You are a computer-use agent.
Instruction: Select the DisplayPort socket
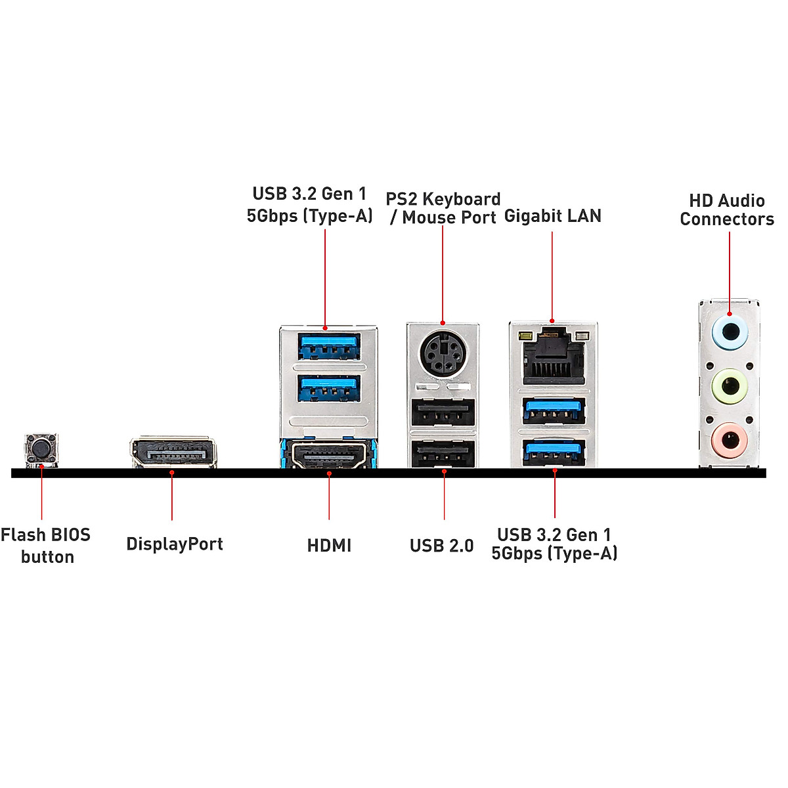[173, 452]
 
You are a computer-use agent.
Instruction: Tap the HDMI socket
[329, 455]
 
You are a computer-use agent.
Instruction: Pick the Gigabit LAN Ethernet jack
[553, 358]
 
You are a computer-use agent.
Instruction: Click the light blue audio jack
[730, 332]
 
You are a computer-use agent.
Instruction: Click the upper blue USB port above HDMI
[329, 347]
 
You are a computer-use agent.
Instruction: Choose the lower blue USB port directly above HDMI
[329, 388]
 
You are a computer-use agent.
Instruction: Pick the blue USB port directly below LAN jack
[553, 412]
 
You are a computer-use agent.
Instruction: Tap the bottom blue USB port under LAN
[553, 452]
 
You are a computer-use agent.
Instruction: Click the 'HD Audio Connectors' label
[727, 210]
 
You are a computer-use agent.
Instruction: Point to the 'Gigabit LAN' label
[552, 216]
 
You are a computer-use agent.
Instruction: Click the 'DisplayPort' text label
[175, 544]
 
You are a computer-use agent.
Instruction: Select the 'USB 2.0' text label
[441, 546]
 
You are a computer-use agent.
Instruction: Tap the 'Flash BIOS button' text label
[46, 546]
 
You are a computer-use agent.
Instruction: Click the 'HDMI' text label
[329, 546]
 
